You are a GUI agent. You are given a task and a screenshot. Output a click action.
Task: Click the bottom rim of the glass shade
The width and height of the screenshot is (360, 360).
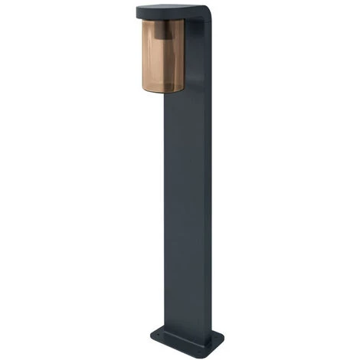[163, 90]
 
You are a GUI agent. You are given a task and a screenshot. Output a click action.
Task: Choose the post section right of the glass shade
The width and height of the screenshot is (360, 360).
[196, 61]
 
